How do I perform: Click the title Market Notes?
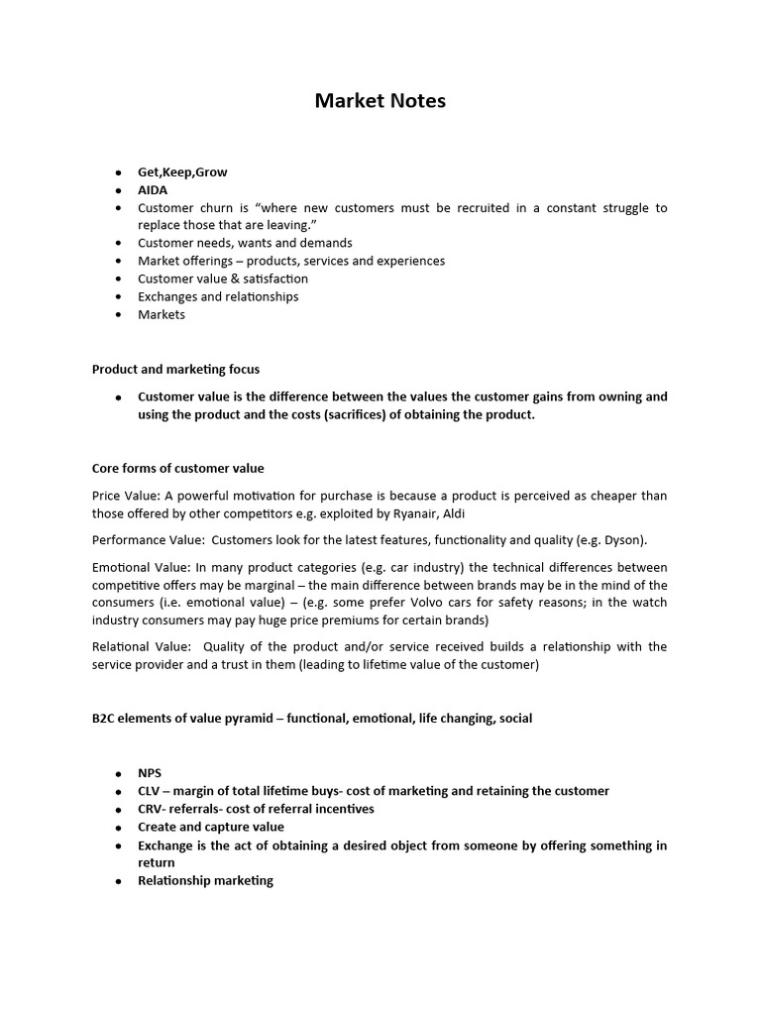click(x=380, y=101)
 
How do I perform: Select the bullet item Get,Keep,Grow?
click(x=182, y=171)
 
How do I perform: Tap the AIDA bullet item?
click(x=153, y=189)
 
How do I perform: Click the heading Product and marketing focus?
click(x=175, y=369)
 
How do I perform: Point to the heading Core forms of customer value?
click(x=178, y=468)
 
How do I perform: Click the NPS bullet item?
click(x=150, y=773)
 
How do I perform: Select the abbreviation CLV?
click(x=150, y=791)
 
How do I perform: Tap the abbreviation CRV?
click(x=151, y=809)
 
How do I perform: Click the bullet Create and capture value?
click(x=210, y=827)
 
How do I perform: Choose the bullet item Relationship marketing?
click(x=205, y=880)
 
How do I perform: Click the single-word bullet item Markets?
click(x=162, y=314)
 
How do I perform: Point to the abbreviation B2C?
click(x=104, y=718)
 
